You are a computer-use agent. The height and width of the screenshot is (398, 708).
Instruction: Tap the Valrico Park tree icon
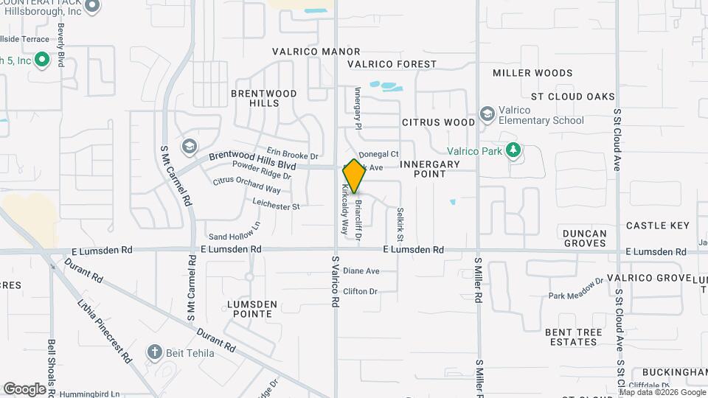click(x=513, y=151)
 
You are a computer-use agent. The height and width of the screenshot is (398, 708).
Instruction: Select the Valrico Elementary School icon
click(x=487, y=114)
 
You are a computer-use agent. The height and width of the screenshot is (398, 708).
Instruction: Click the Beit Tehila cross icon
click(x=154, y=352)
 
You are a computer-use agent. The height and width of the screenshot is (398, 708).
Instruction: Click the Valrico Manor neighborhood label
click(x=316, y=52)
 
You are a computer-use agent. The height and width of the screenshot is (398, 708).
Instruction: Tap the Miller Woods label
click(x=532, y=73)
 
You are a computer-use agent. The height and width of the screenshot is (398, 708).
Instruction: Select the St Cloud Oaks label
click(x=573, y=97)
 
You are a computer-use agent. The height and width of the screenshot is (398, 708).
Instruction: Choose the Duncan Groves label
click(x=585, y=238)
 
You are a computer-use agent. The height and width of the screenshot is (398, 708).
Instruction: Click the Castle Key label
click(x=658, y=225)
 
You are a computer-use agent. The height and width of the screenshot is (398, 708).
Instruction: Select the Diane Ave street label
click(x=361, y=271)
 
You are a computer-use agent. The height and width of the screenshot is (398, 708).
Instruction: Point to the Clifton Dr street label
click(x=360, y=291)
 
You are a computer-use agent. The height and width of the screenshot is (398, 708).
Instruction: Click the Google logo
click(x=24, y=388)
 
